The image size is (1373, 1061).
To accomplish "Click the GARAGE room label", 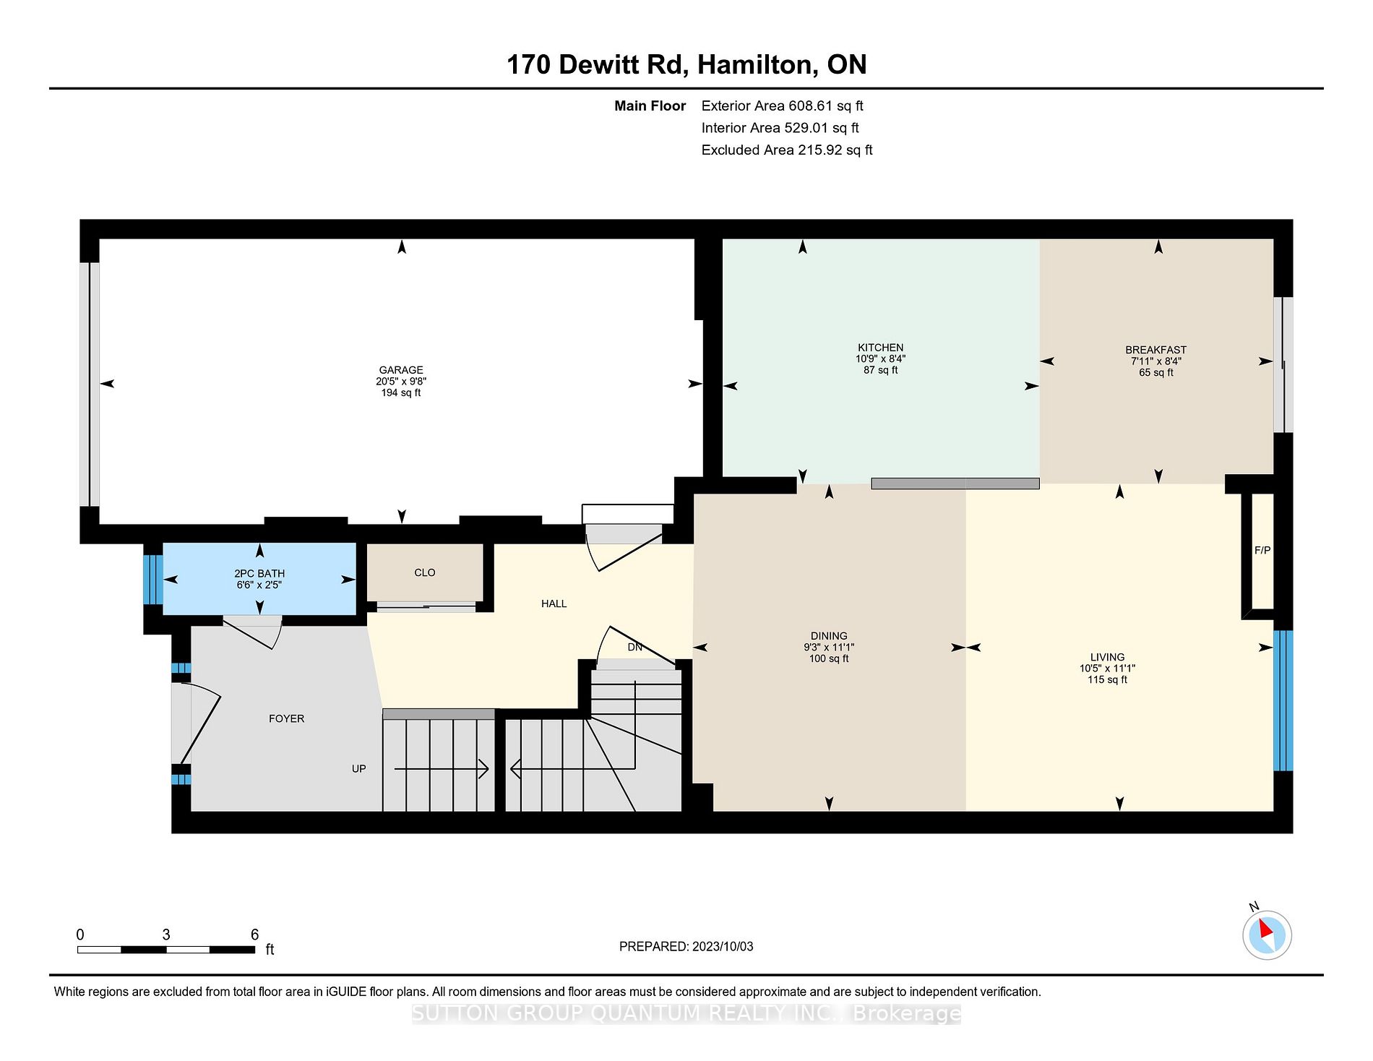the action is tap(401, 370).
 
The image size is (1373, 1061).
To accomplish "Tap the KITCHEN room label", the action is tap(880, 348).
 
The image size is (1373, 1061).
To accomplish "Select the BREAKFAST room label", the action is tap(1155, 350).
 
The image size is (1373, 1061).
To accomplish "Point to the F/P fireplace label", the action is tap(1262, 551).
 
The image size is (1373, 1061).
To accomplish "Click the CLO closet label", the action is tap(425, 572).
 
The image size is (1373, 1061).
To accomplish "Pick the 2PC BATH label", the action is tap(259, 574).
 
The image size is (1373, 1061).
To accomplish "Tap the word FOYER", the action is tap(286, 718).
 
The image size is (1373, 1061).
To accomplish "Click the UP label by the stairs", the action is tap(358, 769).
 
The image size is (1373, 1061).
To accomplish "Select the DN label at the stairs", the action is tap(634, 647).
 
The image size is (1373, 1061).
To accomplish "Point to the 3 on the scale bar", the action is tap(166, 935).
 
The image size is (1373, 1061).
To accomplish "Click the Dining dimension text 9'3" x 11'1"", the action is tap(829, 648).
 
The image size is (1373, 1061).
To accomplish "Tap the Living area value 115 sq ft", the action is tap(1107, 680).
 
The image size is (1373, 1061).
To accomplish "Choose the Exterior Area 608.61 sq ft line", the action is tap(783, 106).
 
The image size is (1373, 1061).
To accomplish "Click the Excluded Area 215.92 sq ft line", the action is tap(787, 150).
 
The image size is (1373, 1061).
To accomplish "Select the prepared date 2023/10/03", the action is tap(723, 947).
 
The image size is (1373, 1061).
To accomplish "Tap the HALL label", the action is tap(554, 603).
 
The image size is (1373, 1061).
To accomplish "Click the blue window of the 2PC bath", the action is tap(152, 579).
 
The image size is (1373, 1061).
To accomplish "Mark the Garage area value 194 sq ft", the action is tap(401, 393).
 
